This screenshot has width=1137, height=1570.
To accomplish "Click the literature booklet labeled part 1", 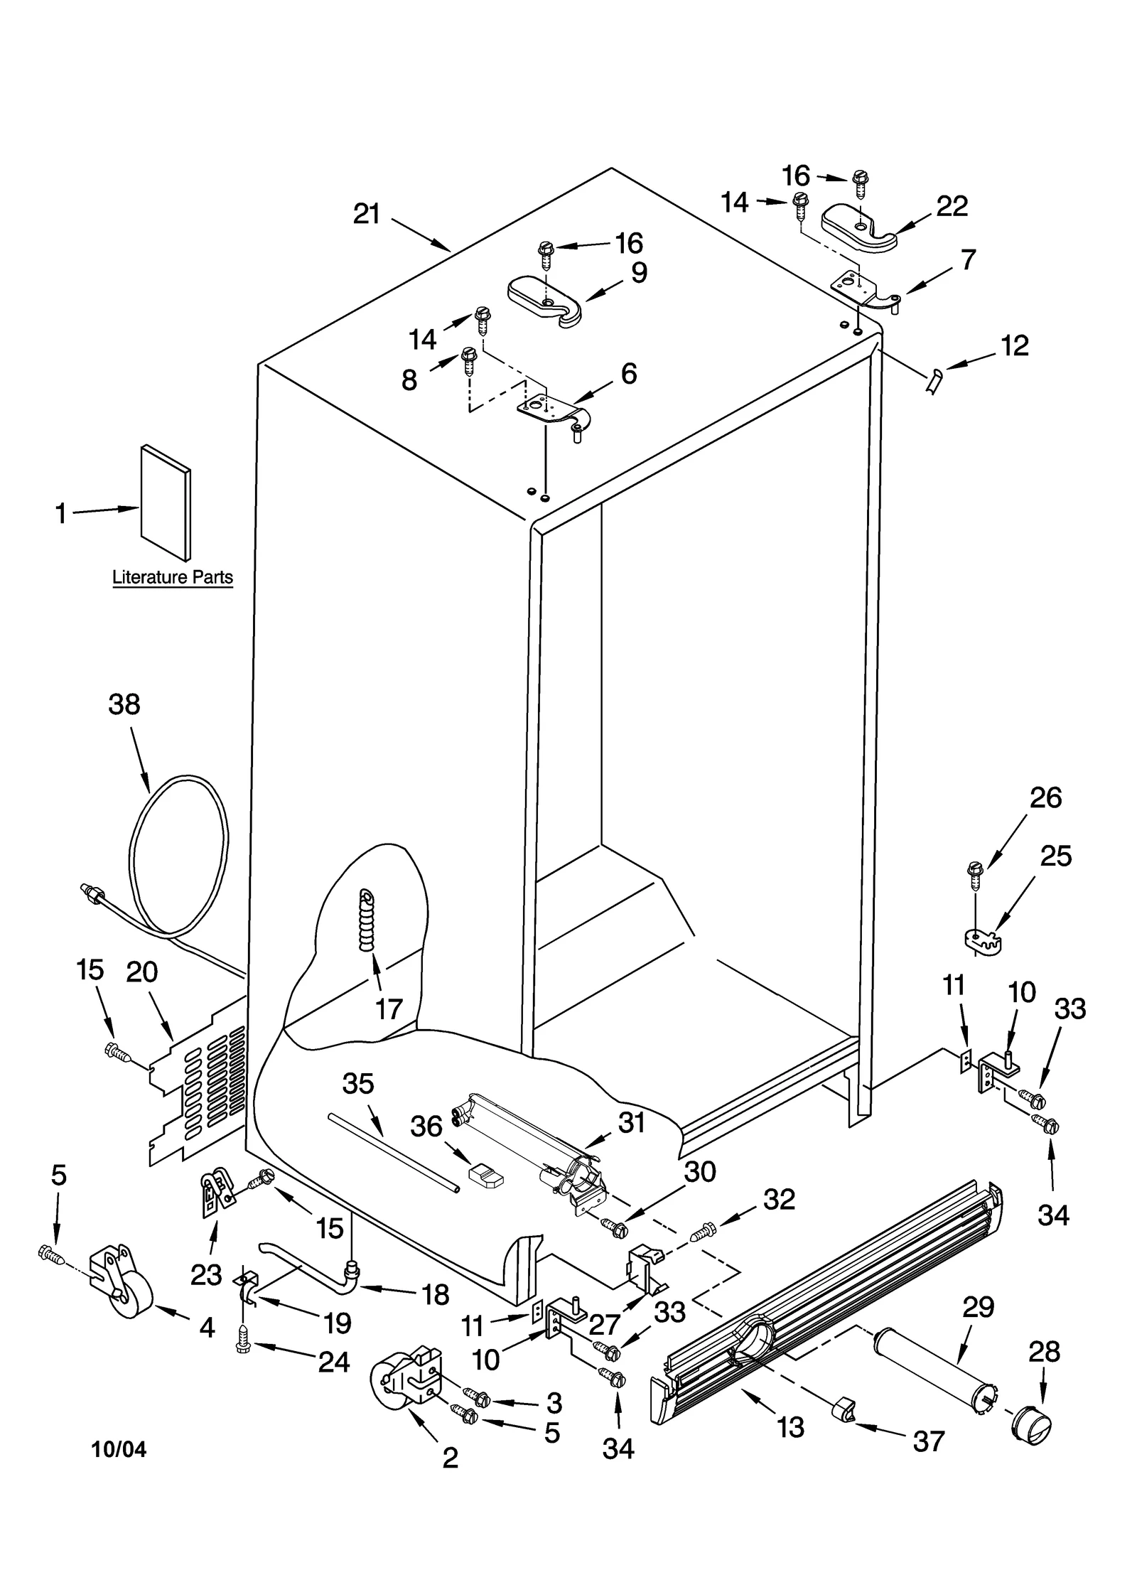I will [x=165, y=501].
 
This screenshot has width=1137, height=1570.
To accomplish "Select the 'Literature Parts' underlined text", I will [x=173, y=577].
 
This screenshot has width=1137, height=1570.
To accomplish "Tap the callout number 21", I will [x=367, y=214].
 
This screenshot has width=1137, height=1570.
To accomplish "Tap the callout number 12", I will [x=1014, y=346].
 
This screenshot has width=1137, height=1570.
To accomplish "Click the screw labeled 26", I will [x=975, y=879].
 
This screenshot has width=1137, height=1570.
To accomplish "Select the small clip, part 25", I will [x=983, y=940].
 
